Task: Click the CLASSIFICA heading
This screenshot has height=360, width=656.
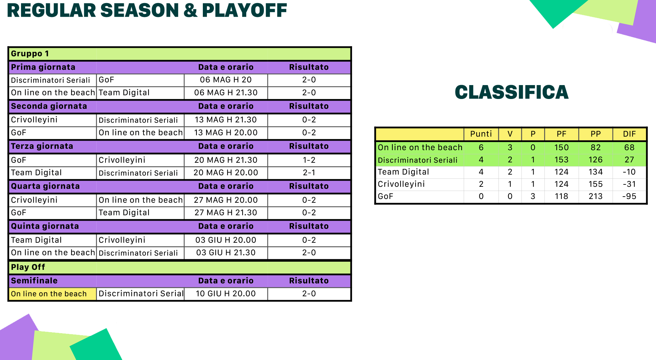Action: (x=512, y=92)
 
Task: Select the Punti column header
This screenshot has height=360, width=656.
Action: (x=481, y=134)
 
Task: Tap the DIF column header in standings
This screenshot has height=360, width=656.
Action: (x=629, y=134)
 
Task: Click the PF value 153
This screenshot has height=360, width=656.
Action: (x=561, y=160)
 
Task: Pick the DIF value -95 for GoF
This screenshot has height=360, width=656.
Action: (x=629, y=196)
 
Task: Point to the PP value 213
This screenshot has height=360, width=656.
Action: (x=596, y=196)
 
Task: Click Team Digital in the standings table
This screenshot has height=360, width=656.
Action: (x=403, y=172)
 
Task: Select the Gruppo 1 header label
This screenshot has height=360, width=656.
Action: (x=30, y=54)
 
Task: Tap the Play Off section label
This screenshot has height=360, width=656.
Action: (x=28, y=267)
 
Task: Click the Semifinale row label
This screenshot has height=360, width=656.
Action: (x=34, y=281)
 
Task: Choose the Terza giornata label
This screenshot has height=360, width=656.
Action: (x=42, y=146)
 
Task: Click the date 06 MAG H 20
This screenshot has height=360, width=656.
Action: (x=226, y=80)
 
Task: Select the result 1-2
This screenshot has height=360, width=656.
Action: (x=309, y=160)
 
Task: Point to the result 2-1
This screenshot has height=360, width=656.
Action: (x=309, y=173)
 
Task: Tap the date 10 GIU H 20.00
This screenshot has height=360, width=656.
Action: (x=226, y=294)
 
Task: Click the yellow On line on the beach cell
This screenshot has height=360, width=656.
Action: (x=53, y=294)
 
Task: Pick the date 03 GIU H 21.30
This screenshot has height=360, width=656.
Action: (x=226, y=253)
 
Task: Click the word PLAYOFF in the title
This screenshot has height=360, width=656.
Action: (x=245, y=11)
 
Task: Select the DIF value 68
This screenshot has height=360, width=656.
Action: (x=629, y=147)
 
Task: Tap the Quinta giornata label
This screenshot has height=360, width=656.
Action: (x=45, y=226)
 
